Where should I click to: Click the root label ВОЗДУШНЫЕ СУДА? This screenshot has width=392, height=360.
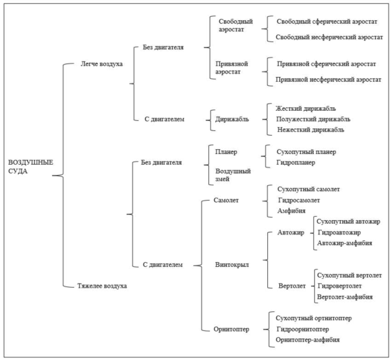click(x=30, y=167)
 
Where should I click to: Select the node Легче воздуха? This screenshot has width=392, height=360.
click(x=101, y=64)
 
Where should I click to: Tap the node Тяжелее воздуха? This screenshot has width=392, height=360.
click(x=102, y=286)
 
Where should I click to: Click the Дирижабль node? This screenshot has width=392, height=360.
click(x=232, y=119)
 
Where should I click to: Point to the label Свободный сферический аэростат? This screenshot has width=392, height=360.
click(x=327, y=22)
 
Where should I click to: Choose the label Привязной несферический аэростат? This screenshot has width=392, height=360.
click(x=329, y=80)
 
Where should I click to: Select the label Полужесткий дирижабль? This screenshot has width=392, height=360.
click(x=313, y=119)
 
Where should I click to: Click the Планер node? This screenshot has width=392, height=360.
click(x=226, y=152)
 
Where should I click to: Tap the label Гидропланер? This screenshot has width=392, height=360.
click(x=296, y=163)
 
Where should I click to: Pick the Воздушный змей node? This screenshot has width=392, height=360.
click(x=233, y=175)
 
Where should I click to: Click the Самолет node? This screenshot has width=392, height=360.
click(x=226, y=201)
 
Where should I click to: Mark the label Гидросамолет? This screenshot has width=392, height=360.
click(x=299, y=201)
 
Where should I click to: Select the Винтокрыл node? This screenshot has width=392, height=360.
click(x=232, y=265)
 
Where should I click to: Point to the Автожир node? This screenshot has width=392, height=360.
click(x=291, y=232)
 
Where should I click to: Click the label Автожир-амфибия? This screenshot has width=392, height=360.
click(x=345, y=243)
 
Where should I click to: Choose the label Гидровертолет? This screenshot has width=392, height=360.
click(x=339, y=286)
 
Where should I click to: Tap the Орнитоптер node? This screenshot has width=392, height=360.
click(x=231, y=329)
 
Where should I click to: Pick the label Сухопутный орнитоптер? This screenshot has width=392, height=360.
click(x=314, y=318)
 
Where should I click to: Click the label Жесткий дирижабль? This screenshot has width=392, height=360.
click(x=306, y=109)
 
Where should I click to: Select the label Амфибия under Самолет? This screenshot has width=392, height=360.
click(x=291, y=211)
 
